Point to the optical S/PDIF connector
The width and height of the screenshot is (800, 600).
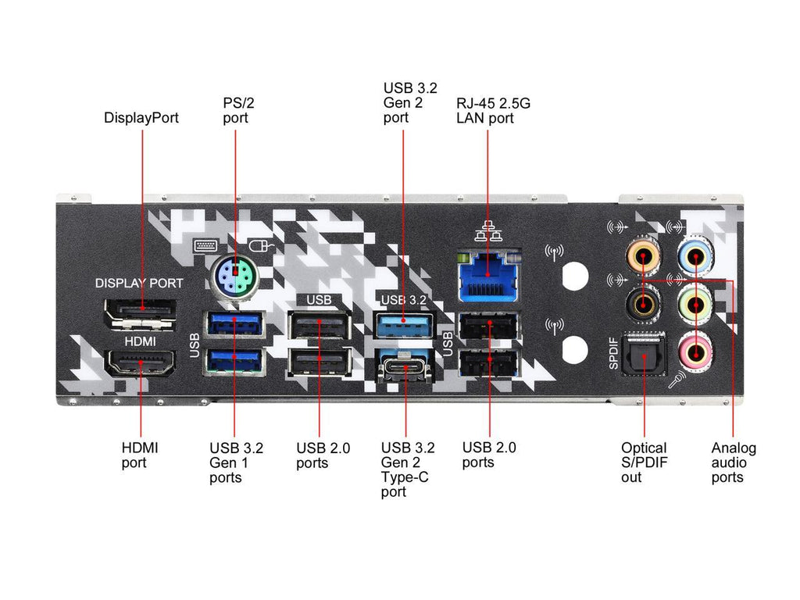coord(643,358)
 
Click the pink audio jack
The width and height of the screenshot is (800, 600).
coord(695,350)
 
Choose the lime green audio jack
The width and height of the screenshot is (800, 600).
coord(695,302)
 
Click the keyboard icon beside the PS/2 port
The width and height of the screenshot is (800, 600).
coord(205,245)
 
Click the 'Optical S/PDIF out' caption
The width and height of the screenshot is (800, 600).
coord(644,462)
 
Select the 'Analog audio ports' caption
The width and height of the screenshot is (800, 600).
coord(733,462)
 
